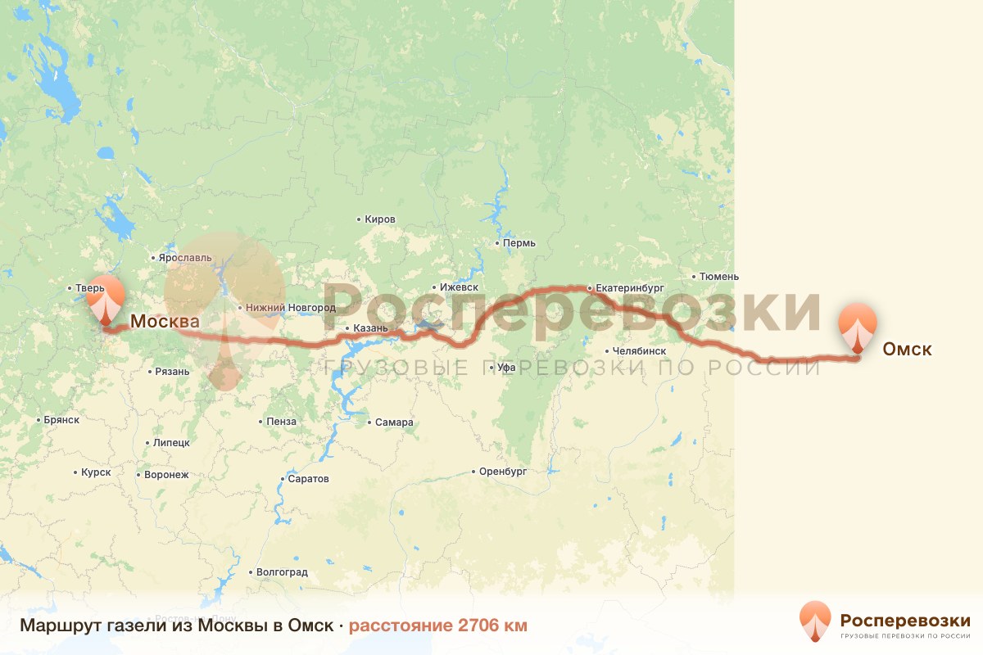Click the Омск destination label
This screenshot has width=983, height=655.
click(x=907, y=350)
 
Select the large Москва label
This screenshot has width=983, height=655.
click(x=165, y=321)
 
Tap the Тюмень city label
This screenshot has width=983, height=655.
click(x=719, y=277)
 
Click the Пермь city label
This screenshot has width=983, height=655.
click(x=519, y=243)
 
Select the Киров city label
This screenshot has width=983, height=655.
click(x=380, y=219)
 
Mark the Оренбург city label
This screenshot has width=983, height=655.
click(x=503, y=472)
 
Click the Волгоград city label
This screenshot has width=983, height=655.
click(x=282, y=572)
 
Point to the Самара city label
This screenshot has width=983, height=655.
click(x=394, y=422)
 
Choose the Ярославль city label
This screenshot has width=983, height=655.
click(x=185, y=257)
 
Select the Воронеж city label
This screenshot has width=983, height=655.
click(x=165, y=474)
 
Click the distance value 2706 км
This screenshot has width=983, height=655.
click(x=481, y=626)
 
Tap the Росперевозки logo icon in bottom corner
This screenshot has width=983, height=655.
click(x=814, y=621)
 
